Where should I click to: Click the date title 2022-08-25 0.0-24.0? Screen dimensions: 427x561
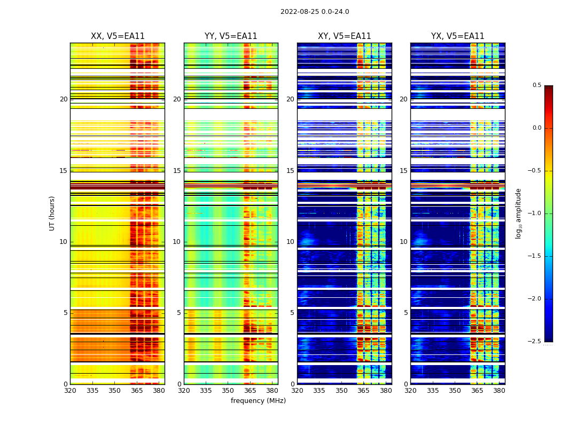tap(315, 12)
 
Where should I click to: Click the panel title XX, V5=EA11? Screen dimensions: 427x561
tap(118, 36)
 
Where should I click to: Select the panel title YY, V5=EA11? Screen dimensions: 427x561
tap(231, 36)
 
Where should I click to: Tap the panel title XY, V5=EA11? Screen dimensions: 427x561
tap(344, 36)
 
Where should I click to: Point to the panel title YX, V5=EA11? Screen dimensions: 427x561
tap(457, 36)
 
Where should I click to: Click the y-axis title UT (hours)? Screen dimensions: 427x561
tap(52, 213)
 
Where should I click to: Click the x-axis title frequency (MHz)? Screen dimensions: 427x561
tap(258, 401)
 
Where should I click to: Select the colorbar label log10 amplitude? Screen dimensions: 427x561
tap(518, 213)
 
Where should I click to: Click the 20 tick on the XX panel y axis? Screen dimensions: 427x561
tap(64, 99)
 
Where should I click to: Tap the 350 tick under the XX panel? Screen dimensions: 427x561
tap(114, 391)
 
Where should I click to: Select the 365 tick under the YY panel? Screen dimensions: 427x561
tap(250, 391)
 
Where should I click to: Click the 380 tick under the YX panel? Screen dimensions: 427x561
tap(499, 391)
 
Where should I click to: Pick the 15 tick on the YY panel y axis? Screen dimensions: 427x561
tap(177, 171)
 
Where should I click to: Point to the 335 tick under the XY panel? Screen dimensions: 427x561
tap(319, 391)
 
